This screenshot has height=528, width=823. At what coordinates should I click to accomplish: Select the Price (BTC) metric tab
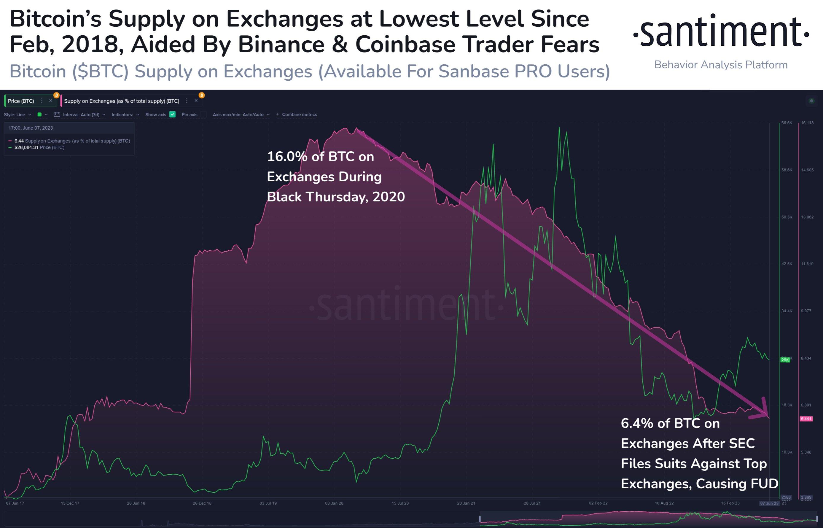click(21, 101)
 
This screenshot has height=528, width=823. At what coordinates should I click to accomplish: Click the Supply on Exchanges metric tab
click(122, 101)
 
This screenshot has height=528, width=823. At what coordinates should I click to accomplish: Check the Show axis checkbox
click(172, 114)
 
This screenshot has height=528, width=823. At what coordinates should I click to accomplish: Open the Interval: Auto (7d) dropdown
click(81, 114)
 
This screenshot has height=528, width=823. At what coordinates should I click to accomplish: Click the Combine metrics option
click(299, 114)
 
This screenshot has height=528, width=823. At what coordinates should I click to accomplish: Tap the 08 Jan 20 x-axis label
click(334, 503)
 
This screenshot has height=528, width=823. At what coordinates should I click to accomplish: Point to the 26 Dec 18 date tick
click(202, 503)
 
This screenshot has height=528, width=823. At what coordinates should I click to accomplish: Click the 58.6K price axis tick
click(787, 170)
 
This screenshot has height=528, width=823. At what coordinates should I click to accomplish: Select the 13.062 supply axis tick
click(807, 217)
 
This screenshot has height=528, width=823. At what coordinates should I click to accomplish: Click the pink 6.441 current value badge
click(806, 419)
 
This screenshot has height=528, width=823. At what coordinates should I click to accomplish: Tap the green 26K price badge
click(785, 360)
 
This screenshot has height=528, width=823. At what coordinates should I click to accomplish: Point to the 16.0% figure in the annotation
click(286, 157)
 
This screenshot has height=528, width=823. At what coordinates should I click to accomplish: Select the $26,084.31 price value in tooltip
click(26, 147)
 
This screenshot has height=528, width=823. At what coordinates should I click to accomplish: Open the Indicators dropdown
click(125, 114)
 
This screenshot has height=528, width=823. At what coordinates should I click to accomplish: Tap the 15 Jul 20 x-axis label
click(400, 503)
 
